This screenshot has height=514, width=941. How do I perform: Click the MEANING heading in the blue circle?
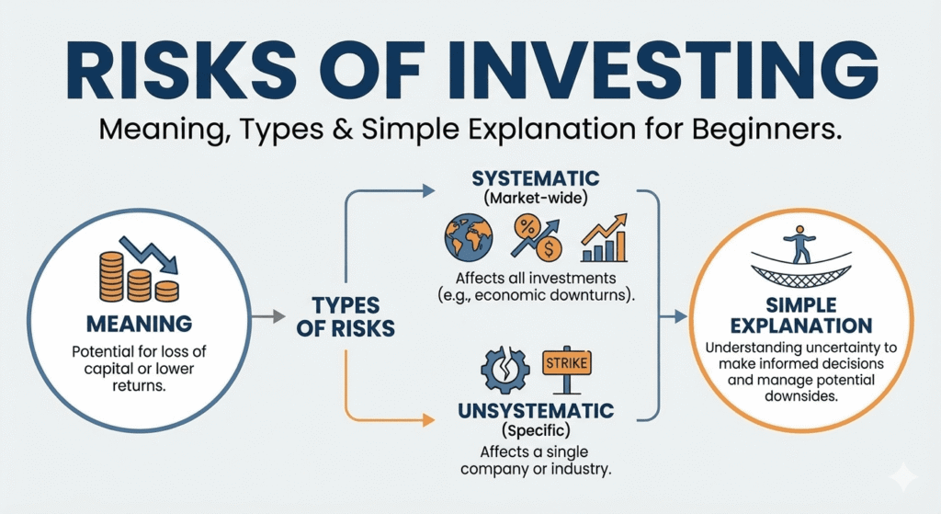(139, 324)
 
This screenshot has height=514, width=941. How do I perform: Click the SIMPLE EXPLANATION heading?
(799, 315)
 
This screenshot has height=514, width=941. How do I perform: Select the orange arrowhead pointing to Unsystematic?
(426, 421)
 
